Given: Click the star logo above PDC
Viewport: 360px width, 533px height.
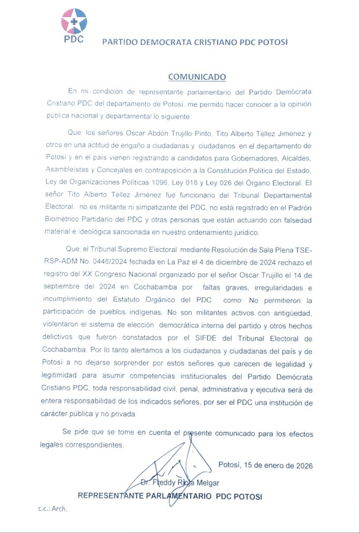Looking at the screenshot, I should tap(74, 21).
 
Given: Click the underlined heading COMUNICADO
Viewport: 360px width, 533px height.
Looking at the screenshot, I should tap(197, 77).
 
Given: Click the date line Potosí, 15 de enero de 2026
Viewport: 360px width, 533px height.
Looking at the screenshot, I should tap(265, 465).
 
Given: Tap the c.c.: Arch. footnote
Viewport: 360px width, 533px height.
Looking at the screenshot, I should tap(53, 509).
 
